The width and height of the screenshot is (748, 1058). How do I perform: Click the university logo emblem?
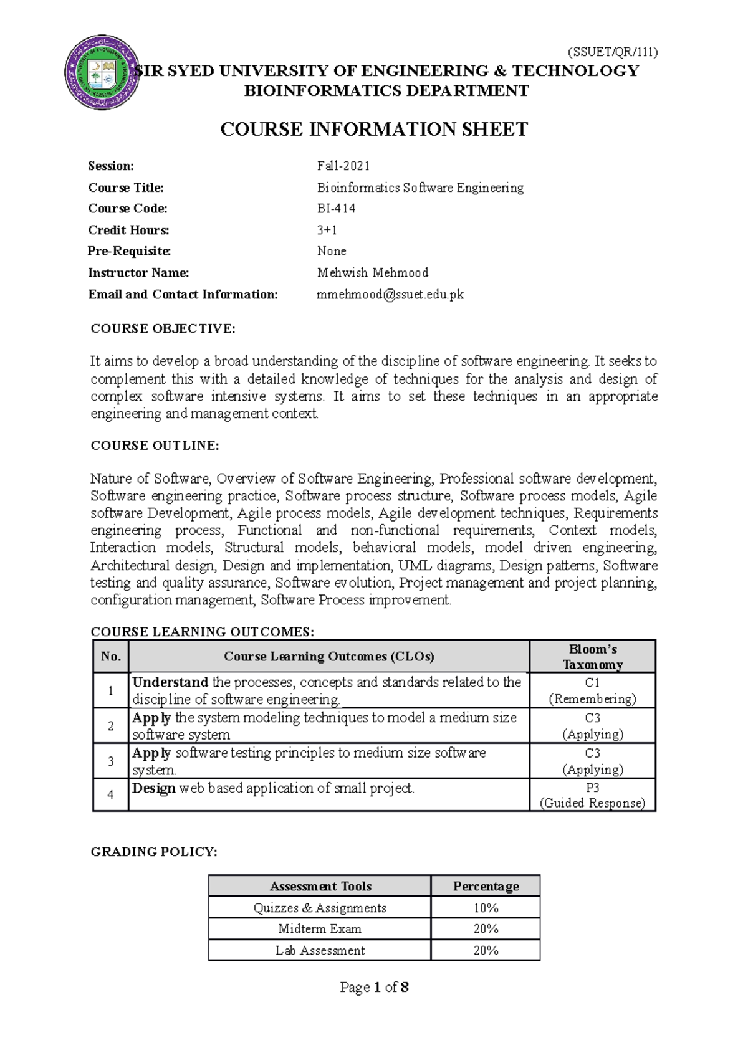click(102, 73)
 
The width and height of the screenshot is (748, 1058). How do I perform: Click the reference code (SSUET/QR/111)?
click(612, 52)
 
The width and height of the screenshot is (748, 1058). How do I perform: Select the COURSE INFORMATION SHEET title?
click(374, 130)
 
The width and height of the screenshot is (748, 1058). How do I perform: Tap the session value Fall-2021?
click(343, 166)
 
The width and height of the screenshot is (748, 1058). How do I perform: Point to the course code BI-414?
click(336, 209)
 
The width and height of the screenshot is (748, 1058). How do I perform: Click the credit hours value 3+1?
click(327, 230)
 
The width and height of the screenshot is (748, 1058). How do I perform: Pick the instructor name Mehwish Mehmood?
click(372, 272)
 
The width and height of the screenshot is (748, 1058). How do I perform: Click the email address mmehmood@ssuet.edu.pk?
click(390, 294)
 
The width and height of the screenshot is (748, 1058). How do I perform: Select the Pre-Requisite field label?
click(129, 251)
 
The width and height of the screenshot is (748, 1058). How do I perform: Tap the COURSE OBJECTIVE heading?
click(163, 329)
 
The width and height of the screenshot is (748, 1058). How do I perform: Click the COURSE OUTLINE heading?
click(155, 446)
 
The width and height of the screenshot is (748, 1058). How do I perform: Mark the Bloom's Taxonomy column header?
click(592, 657)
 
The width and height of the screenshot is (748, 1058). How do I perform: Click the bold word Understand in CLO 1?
click(170, 682)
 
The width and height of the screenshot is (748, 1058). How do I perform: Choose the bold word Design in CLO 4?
click(153, 788)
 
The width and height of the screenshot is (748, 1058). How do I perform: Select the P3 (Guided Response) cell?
click(592, 795)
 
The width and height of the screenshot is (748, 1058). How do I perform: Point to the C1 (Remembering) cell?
click(592, 690)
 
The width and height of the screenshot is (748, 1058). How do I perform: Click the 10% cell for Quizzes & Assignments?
click(486, 908)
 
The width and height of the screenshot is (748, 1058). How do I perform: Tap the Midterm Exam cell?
click(320, 929)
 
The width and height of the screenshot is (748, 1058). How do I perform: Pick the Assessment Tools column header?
click(320, 886)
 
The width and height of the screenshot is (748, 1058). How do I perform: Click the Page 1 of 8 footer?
click(374, 987)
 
